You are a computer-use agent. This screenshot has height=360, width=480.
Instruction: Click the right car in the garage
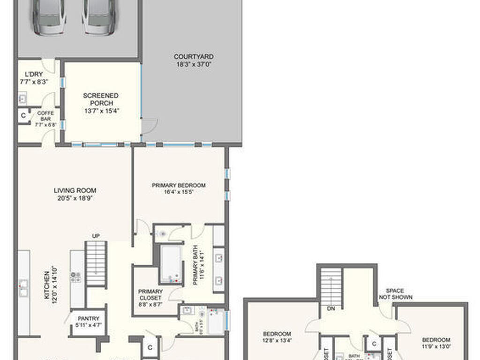(x=97, y=16)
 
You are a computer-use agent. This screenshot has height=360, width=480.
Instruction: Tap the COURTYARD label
(x=194, y=60)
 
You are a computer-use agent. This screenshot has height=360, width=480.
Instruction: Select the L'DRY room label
(x=34, y=78)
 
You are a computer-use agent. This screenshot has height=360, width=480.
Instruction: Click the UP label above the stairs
(x=96, y=235)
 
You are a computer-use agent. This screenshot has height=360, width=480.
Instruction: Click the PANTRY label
(x=88, y=322)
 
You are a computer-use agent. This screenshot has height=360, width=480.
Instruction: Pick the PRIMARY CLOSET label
(x=150, y=298)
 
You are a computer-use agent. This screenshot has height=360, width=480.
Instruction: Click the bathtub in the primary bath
(x=171, y=264)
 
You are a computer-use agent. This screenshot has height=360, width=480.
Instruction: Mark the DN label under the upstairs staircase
(x=331, y=309)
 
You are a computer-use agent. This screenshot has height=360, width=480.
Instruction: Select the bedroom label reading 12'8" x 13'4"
(x=277, y=337)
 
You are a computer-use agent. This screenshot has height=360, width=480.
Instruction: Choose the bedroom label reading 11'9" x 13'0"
(x=436, y=343)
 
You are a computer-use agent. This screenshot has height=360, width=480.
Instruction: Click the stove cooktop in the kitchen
(x=75, y=277)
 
